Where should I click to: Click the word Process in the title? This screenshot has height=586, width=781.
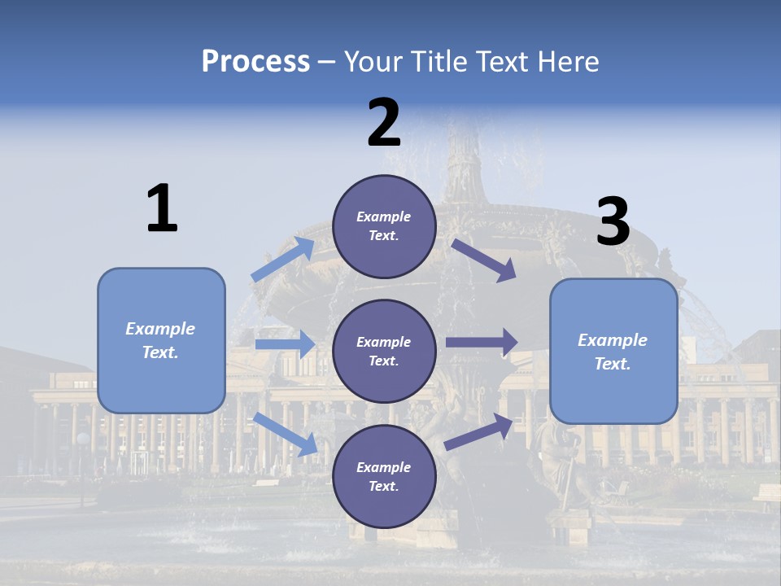[255, 62]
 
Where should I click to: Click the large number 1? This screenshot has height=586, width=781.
[162, 208]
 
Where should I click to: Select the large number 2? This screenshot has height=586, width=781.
[384, 123]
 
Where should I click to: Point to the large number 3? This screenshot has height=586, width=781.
[613, 222]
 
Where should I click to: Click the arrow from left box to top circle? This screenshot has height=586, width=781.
[283, 259]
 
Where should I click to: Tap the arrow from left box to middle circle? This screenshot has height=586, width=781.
[285, 344]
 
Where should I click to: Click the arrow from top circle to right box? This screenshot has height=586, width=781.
[483, 260]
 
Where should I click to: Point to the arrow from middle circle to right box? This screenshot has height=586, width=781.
[482, 343]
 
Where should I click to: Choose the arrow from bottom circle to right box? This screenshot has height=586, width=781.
[479, 431]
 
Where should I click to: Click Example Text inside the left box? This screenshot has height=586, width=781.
[160, 340]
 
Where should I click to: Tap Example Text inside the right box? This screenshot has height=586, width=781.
[613, 352]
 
